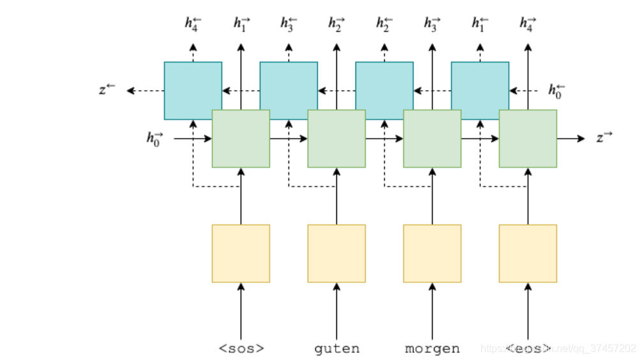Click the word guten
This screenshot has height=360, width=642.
click(x=336, y=349)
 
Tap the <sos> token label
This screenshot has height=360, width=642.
click(x=241, y=349)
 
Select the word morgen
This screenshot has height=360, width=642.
click(x=432, y=349)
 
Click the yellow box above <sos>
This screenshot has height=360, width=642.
click(x=241, y=253)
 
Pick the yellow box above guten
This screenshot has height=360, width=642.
click(x=336, y=253)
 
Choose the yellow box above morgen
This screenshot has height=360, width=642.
click(x=432, y=253)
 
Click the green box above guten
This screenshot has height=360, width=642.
click(x=336, y=139)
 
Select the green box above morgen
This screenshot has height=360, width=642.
click(x=432, y=139)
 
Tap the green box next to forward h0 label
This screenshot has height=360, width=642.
click(x=241, y=139)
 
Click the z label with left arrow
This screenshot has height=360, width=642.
click(x=107, y=90)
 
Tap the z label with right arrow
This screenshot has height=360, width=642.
click(x=604, y=138)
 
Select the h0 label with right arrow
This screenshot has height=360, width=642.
click(x=155, y=138)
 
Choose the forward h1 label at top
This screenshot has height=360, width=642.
click(x=241, y=24)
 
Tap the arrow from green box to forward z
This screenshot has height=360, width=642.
click(x=571, y=139)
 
